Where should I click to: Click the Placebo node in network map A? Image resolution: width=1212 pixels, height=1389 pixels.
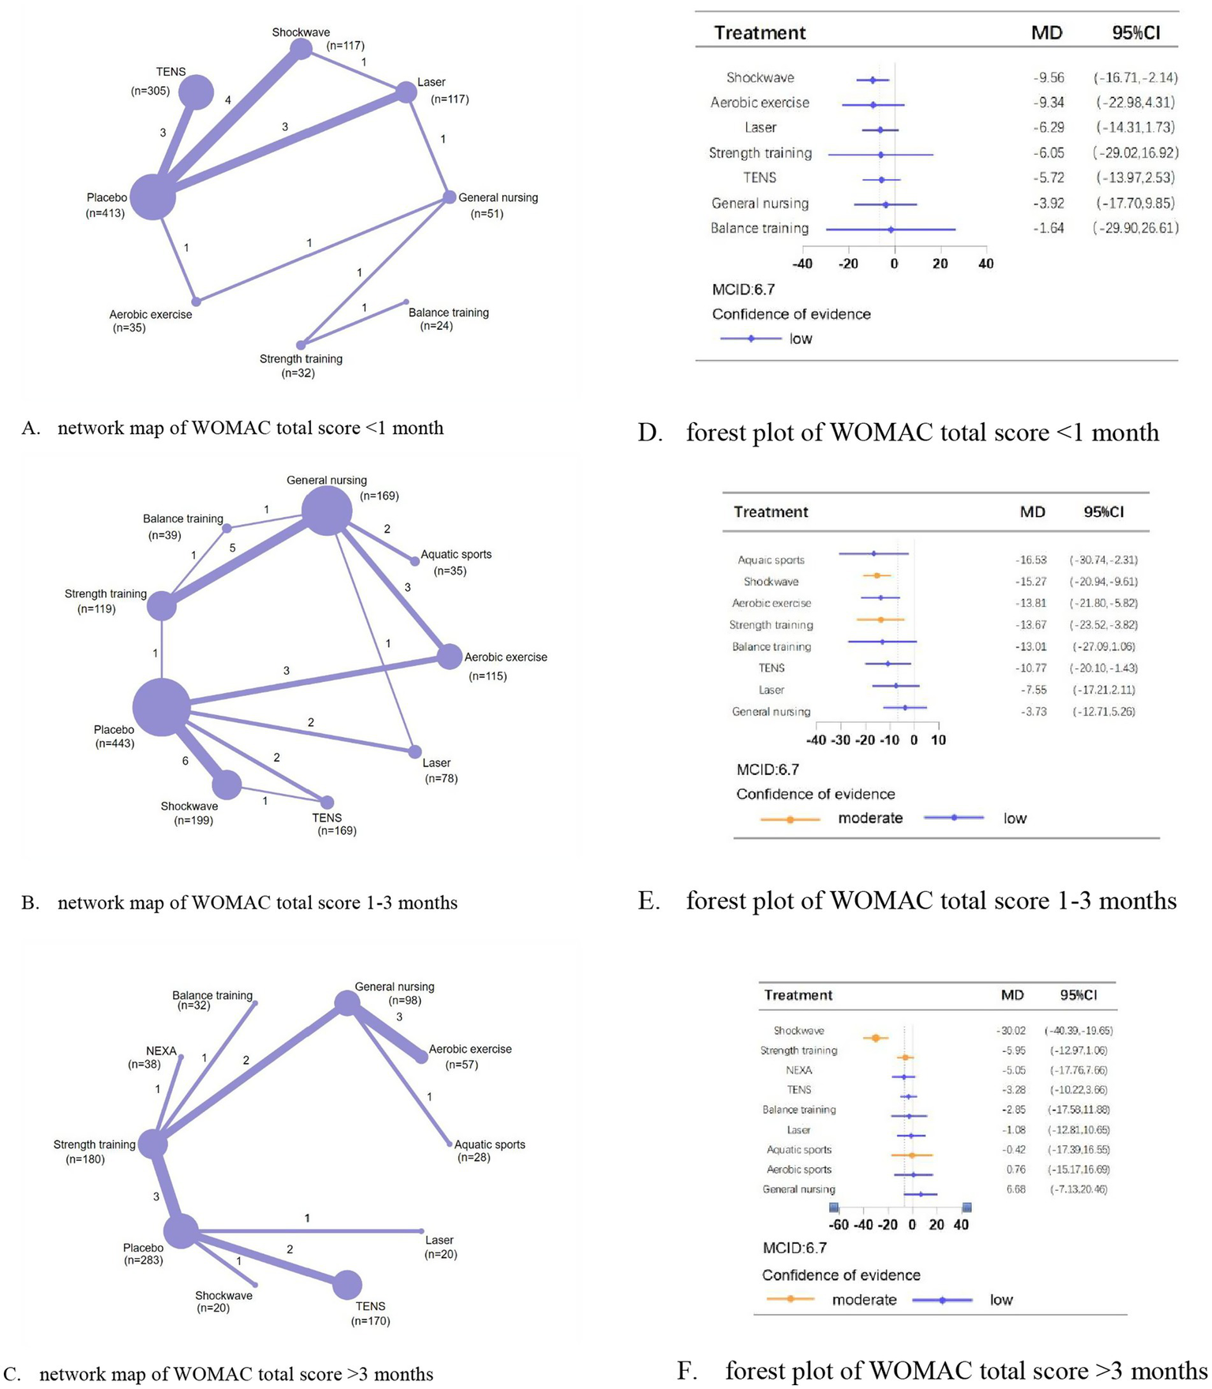[x=152, y=197]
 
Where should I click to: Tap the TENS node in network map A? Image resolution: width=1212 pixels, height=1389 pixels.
[x=196, y=92]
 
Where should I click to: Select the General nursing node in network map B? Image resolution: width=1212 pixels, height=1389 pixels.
[x=327, y=511]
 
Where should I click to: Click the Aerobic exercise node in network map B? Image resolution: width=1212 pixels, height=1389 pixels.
[x=449, y=656]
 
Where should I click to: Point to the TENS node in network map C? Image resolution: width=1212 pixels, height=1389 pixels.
[x=347, y=1285]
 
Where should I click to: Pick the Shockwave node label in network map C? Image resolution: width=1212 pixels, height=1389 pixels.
[x=223, y=1295]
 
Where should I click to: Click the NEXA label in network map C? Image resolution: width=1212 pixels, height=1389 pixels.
[x=161, y=1050]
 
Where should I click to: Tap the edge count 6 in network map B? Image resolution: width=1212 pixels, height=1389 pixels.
[x=186, y=761]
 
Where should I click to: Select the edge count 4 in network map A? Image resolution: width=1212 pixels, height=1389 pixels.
[x=228, y=100]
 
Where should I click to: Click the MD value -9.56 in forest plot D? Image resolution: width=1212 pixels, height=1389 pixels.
[x=1049, y=77]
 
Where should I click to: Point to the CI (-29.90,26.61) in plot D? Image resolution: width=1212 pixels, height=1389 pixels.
[x=1136, y=228]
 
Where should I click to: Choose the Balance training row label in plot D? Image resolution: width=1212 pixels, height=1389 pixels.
[x=760, y=228]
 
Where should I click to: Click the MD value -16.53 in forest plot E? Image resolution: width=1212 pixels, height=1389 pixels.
[x=1031, y=560]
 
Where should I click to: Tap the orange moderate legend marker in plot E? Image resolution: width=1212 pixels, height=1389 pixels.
[x=790, y=819]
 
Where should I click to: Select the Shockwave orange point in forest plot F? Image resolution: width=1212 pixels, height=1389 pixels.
[x=876, y=1038]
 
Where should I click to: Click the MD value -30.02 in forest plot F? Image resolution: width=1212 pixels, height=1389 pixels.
[x=1011, y=1031]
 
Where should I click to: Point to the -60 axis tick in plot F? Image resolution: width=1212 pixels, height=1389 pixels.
[x=839, y=1225]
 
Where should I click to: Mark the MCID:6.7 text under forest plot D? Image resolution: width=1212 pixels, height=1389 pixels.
[x=743, y=290]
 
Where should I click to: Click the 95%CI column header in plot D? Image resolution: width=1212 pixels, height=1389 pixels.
[x=1135, y=33]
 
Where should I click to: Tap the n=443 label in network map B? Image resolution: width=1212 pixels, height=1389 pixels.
[x=114, y=743]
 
